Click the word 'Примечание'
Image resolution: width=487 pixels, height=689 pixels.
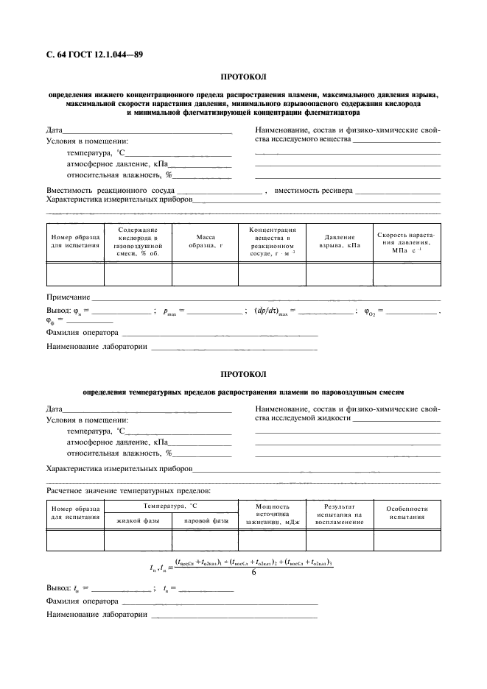[x=68, y=297]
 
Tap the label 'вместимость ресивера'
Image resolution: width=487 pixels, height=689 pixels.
[x=313, y=191]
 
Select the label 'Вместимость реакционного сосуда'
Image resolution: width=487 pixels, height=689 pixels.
[x=111, y=191]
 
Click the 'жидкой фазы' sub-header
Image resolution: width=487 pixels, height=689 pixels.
[x=138, y=521]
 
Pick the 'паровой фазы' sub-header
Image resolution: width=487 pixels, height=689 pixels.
[x=205, y=521]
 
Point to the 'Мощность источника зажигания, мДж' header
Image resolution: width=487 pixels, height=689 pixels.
[x=272, y=514]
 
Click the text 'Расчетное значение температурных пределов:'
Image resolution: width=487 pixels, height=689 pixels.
[x=128, y=490]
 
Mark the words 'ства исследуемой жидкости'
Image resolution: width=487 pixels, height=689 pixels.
[x=302, y=419]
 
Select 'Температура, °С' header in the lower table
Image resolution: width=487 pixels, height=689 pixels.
[x=171, y=506]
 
